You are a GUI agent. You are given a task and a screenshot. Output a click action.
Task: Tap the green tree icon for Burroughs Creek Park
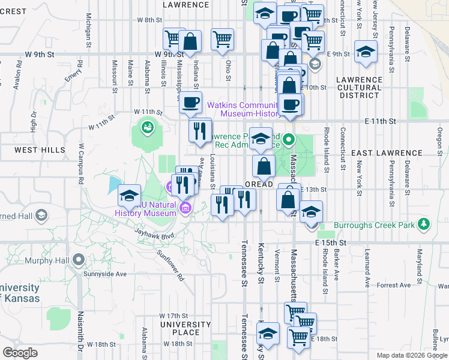click(425, 224)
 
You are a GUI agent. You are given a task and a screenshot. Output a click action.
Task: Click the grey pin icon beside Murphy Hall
click(78, 260)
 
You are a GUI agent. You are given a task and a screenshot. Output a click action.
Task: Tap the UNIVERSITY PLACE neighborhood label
click(185, 328)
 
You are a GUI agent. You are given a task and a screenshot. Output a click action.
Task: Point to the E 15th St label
click(331, 242)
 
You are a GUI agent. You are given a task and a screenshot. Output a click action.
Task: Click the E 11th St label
click(380, 121)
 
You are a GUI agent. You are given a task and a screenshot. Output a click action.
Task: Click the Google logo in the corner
click(20, 352)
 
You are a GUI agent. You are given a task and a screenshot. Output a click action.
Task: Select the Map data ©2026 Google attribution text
click(411, 355)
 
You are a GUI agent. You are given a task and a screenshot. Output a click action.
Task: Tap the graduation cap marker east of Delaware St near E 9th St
click(366, 52)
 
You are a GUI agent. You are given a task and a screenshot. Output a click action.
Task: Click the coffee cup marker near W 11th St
click(191, 102)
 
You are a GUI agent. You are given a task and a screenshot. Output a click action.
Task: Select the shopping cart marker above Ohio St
click(223, 39)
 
